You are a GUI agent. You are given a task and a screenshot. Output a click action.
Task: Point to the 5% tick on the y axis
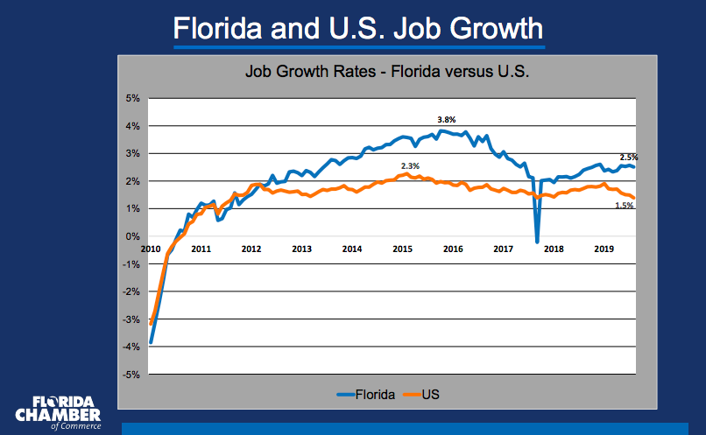tap(133, 98)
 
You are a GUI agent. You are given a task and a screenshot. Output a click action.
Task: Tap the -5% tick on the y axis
tap(131, 375)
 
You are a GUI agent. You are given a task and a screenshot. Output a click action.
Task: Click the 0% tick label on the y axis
tap(133, 236)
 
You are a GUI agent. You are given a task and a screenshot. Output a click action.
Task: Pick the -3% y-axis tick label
tap(131, 319)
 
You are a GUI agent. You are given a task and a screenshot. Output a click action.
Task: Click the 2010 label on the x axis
tap(152, 249)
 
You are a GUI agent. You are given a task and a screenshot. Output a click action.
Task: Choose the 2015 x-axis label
tap(402, 249)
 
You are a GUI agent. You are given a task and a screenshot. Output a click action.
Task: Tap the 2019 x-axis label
tap(604, 249)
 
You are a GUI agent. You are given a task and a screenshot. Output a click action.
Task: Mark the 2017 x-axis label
tap(503, 249)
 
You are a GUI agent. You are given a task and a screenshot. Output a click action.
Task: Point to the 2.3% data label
tap(410, 165)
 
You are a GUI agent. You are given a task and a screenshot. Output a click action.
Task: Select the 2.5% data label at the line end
tap(629, 158)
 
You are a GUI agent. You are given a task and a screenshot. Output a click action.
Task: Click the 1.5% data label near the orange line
tap(624, 206)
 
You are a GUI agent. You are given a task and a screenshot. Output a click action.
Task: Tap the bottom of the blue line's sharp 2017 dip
tap(537, 242)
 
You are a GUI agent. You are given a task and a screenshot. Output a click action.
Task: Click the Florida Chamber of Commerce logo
tap(59, 412)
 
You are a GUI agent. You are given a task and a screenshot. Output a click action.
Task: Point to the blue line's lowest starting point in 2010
tap(152, 342)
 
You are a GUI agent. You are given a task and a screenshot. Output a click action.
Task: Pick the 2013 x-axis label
tap(301, 249)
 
